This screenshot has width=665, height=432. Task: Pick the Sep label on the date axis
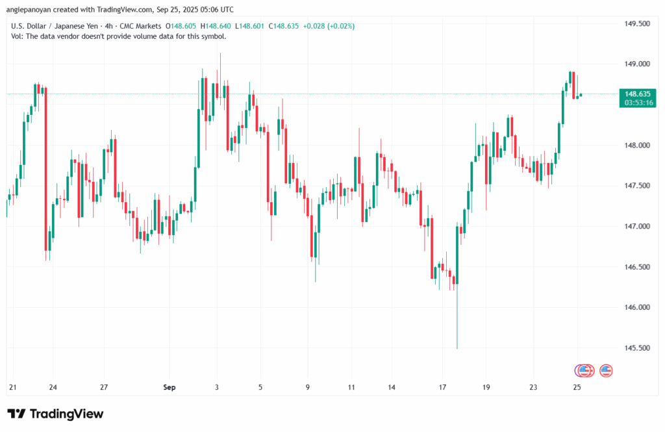point(169,388)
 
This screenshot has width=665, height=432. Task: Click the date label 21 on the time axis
point(12,388)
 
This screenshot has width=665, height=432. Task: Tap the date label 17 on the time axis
point(442,388)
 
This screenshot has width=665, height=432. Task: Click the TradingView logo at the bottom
point(55,414)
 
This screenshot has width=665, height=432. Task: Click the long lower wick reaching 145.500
point(457,325)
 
